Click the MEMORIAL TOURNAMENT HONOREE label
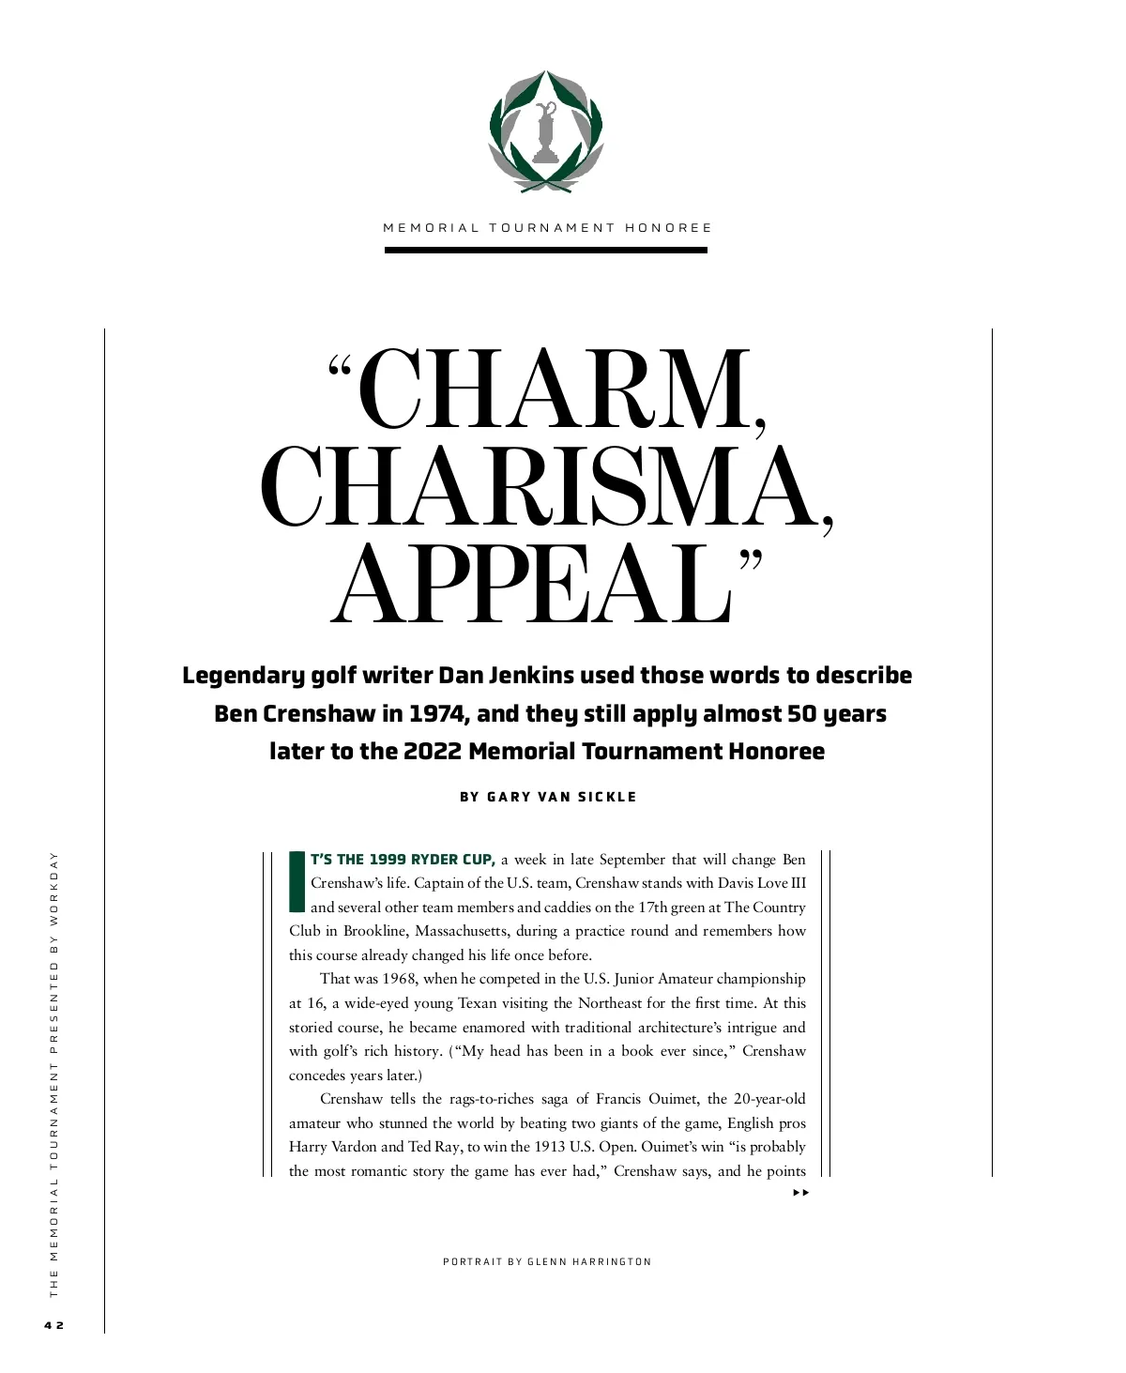(x=547, y=228)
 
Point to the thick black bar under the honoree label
(x=545, y=251)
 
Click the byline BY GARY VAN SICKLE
(x=548, y=797)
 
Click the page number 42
(x=53, y=1325)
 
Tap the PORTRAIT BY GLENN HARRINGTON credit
(x=547, y=1261)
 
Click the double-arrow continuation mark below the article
(x=799, y=1193)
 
